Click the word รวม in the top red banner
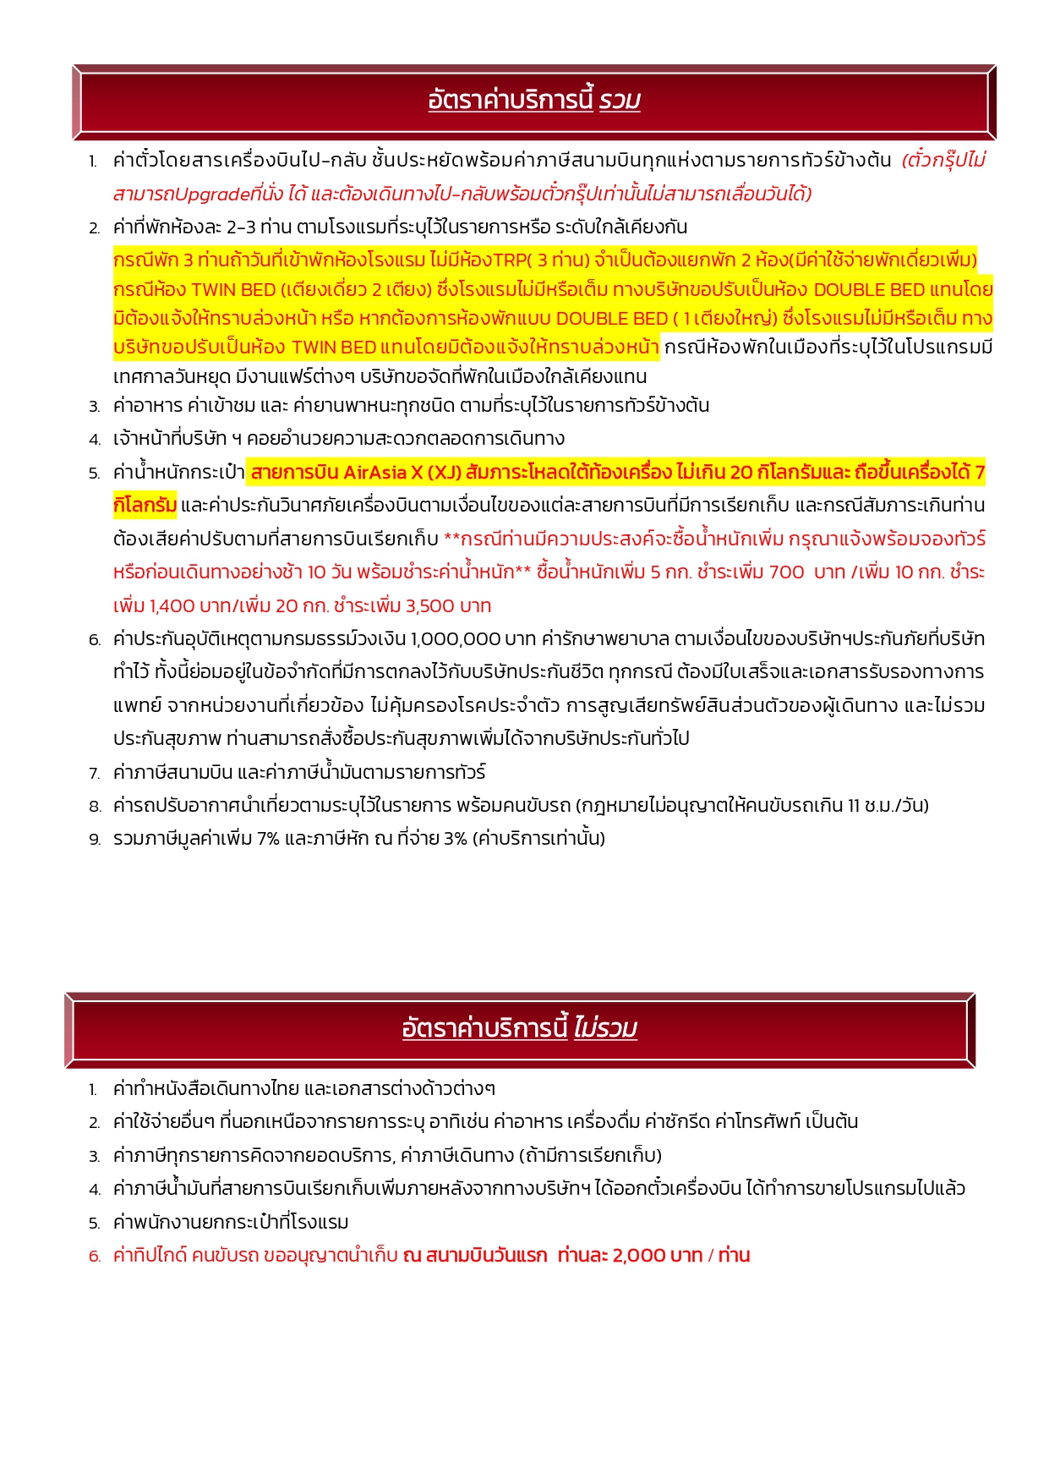[x=620, y=101]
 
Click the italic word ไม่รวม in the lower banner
[x=605, y=1028]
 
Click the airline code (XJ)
[x=437, y=472]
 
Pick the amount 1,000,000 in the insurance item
[x=455, y=638]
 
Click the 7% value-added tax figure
[x=268, y=839]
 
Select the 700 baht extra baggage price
[x=786, y=572]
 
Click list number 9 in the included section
[x=94, y=840]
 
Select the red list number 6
[x=94, y=1257]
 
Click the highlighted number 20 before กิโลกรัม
[x=740, y=472]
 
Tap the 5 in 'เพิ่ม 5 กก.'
[x=655, y=572]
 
